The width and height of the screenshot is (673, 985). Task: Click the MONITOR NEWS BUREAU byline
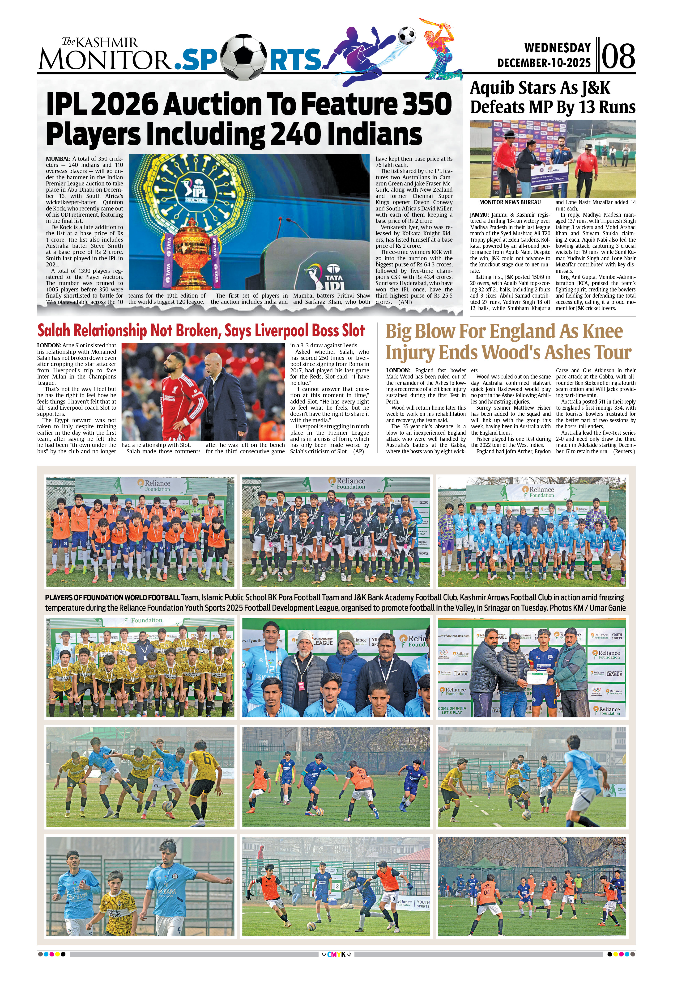point(510,203)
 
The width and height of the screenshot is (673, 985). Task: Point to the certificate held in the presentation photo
point(539,678)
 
